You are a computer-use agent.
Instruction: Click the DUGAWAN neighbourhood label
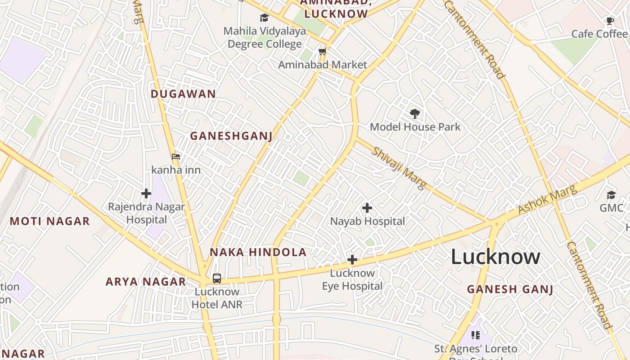tap(183, 94)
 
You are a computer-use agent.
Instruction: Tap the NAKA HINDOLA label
tap(258, 252)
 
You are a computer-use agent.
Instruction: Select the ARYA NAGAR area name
tap(146, 282)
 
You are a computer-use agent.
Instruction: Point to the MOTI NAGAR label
tap(50, 221)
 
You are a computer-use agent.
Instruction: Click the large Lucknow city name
tap(495, 256)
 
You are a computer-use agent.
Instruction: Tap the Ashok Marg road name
tap(547, 199)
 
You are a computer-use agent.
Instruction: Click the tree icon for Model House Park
tap(415, 113)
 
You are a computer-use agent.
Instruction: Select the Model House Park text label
tap(415, 127)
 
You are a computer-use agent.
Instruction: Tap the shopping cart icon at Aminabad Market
tap(322, 52)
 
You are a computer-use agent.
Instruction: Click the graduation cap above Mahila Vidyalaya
tap(264, 18)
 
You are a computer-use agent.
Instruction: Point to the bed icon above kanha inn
tap(176, 157)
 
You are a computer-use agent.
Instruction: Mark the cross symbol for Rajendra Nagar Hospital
tap(146, 194)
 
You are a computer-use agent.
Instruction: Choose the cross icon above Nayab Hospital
tap(367, 208)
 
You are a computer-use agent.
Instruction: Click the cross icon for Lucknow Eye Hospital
tap(352, 260)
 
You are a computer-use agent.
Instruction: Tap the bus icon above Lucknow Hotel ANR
tap(217, 278)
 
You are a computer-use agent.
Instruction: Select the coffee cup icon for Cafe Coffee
tap(610, 21)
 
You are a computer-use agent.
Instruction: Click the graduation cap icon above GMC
tap(611, 195)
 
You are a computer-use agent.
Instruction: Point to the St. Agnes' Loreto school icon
tap(476, 335)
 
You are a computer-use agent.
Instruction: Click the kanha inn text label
tap(176, 170)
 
